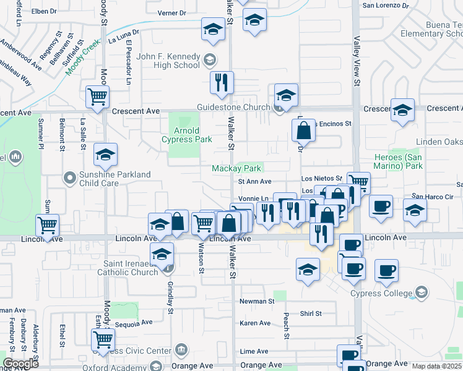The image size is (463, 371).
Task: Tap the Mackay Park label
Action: click(x=236, y=168)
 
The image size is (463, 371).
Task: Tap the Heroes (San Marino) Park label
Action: click(x=398, y=162)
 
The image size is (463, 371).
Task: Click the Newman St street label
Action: click(x=257, y=302)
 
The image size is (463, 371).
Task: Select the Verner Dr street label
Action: click(x=172, y=13)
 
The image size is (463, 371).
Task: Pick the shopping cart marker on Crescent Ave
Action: click(x=98, y=97)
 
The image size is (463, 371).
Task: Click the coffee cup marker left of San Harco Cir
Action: click(x=381, y=205)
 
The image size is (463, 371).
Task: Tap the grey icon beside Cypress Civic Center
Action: click(x=181, y=351)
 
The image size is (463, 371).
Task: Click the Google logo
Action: click(x=20, y=364)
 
